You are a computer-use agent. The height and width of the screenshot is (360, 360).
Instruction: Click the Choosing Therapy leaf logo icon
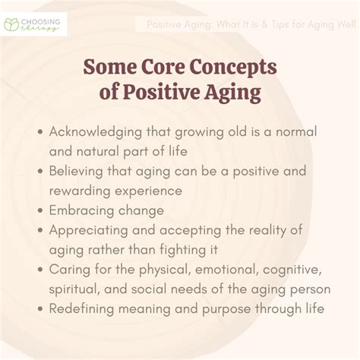(11, 24)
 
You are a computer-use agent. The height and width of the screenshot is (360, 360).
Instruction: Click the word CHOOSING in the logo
(40, 22)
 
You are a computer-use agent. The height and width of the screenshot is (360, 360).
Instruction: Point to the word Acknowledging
(96, 132)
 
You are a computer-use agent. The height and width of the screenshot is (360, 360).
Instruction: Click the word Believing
(76, 172)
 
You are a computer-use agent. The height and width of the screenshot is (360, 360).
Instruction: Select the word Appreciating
(89, 231)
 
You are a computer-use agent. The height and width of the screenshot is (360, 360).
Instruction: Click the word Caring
(70, 270)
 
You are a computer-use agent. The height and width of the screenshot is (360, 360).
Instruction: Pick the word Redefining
(81, 309)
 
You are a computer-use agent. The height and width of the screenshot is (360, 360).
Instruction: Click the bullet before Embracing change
(40, 210)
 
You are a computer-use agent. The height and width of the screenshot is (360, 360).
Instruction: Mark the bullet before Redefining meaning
(40, 309)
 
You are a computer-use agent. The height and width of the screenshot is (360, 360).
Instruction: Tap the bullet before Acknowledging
(40, 132)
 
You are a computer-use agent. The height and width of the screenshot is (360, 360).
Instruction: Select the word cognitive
(292, 270)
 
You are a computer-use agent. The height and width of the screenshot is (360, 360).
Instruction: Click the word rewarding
(80, 191)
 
